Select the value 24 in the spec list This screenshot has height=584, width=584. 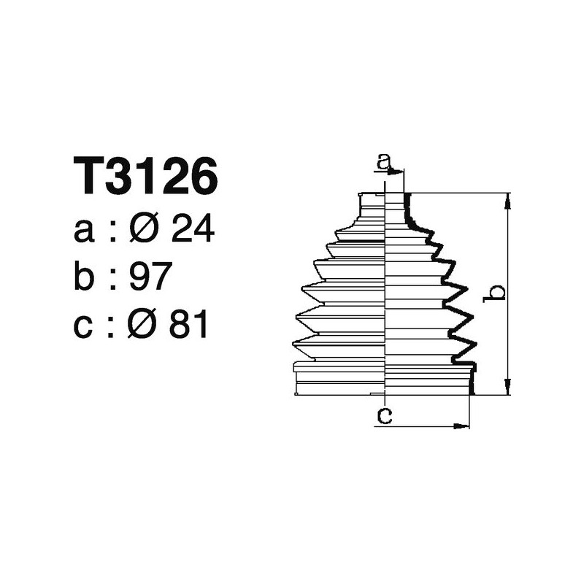coord(192,231)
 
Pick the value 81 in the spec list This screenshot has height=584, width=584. coord(188,326)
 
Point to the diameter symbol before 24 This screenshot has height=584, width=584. coord(143,231)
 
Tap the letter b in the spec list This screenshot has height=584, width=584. coord(86,278)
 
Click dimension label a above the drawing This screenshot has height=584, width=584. coord(384,161)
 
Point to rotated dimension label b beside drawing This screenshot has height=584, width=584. coord(496,293)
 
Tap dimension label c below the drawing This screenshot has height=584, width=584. coord(384,416)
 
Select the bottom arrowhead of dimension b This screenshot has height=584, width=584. coord(508,388)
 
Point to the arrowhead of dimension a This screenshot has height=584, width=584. coord(398,172)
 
